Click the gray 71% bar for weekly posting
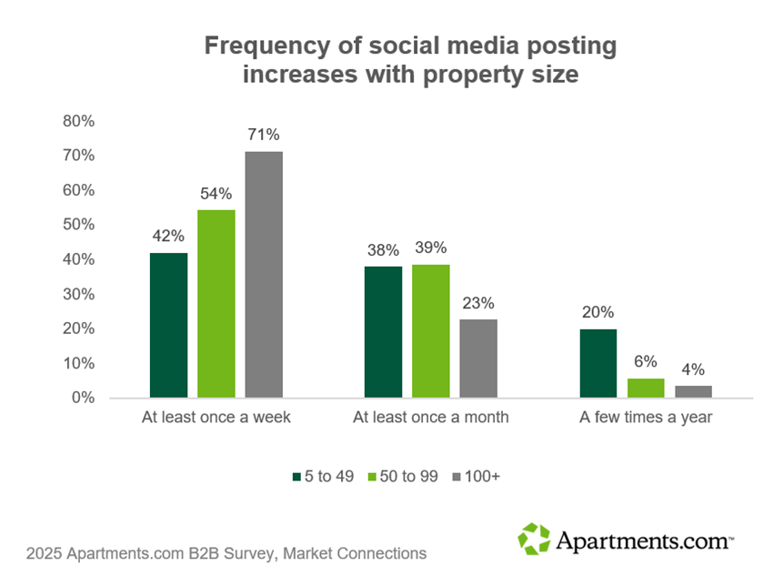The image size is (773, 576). tap(264, 274)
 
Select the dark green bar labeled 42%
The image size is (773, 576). tap(169, 325)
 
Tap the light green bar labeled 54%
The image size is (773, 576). tap(216, 304)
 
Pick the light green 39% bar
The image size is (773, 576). tap(431, 331)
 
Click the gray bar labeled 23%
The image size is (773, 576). tap(478, 359)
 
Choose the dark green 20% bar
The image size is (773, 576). tap(598, 363)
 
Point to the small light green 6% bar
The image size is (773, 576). tap(646, 389)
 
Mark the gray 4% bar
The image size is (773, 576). tap(693, 391)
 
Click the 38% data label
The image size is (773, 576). tap(383, 249)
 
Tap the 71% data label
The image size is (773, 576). tap(264, 135)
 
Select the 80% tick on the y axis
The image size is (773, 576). tap(78, 121)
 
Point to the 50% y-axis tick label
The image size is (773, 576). tap(78, 225)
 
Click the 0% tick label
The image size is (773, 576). tap(82, 398)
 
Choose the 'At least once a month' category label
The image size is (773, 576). tap(431, 418)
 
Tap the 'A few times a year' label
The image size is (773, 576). tap(646, 418)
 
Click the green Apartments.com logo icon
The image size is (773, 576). tap(534, 539)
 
